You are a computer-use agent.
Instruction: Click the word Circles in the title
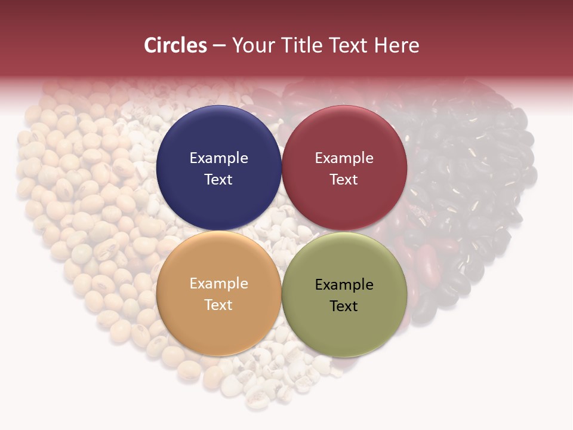tap(175, 45)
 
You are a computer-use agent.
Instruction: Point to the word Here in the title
tap(396, 45)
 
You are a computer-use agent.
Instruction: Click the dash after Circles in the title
tap(219, 46)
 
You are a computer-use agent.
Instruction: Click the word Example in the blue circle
tap(218, 158)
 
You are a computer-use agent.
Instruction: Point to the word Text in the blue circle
tap(218, 179)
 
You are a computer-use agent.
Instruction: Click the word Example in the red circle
tap(344, 158)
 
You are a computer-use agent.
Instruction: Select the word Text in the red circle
tap(344, 179)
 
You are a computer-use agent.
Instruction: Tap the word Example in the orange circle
tap(218, 283)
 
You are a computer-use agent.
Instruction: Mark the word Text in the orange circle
tap(218, 305)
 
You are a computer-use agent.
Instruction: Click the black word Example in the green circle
tap(344, 284)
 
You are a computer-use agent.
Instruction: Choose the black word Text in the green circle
tap(344, 306)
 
